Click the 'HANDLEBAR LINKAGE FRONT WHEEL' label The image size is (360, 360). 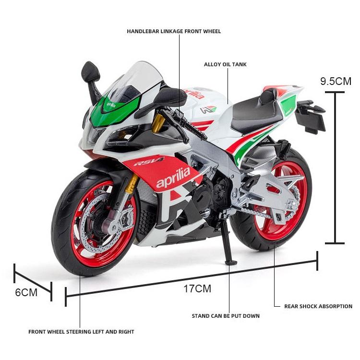(x=174, y=32)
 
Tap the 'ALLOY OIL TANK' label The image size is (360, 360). (x=225, y=64)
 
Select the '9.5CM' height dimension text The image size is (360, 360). (x=336, y=81)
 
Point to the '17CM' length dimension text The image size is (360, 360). (x=197, y=288)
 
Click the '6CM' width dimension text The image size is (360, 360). (x=26, y=292)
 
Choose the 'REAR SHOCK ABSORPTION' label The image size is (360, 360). (x=318, y=306)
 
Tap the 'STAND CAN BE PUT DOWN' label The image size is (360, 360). (x=226, y=316)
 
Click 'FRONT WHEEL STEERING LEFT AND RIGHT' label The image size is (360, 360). (x=81, y=332)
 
